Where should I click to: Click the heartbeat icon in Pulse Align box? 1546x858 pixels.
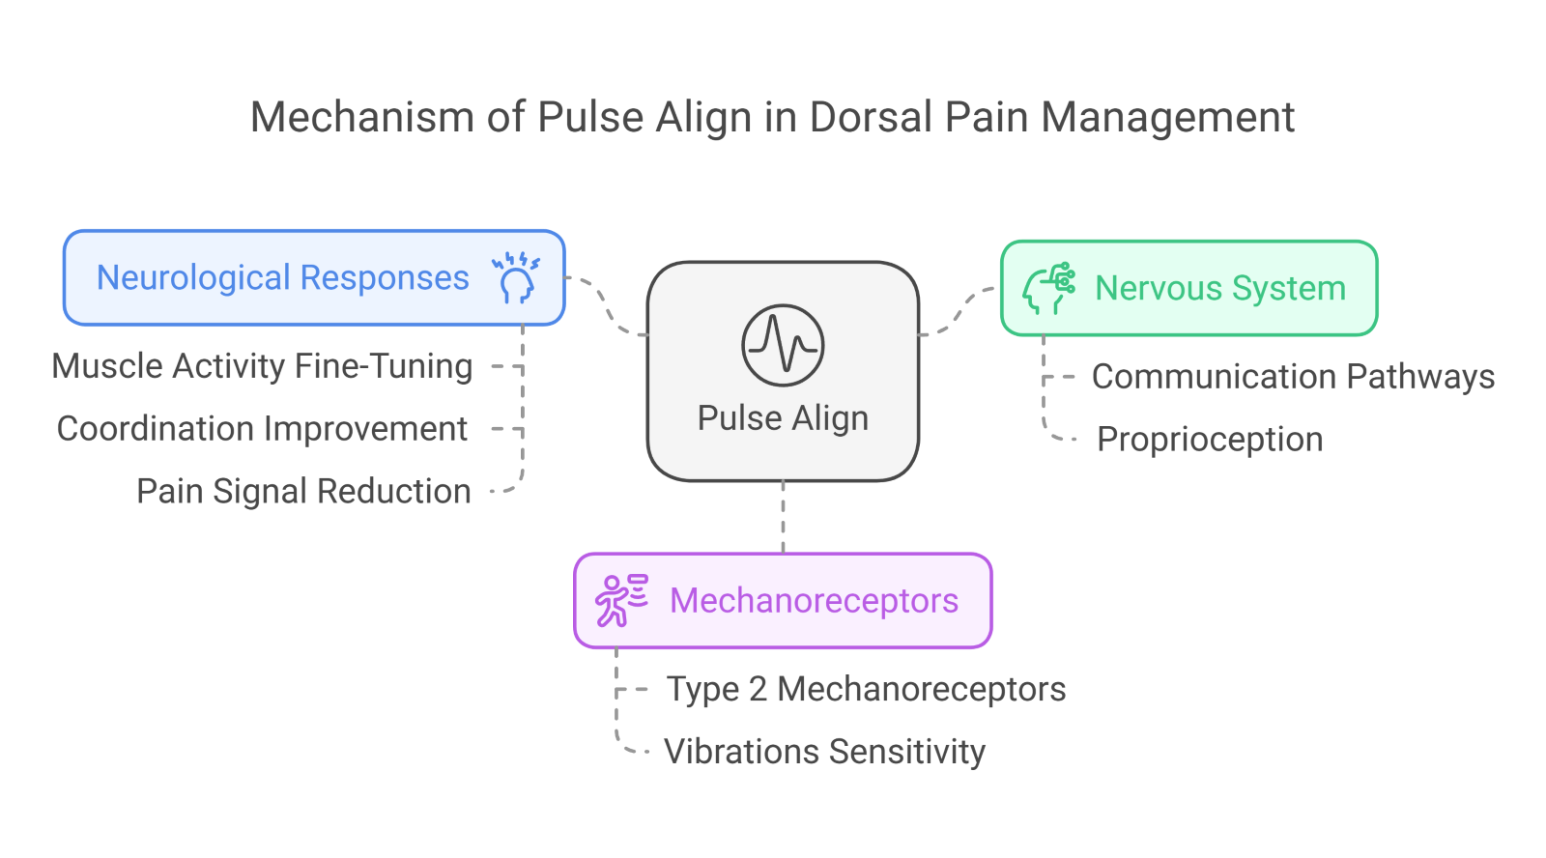(x=783, y=345)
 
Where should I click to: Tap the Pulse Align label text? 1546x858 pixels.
(x=783, y=418)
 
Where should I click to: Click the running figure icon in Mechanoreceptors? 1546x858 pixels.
(x=620, y=600)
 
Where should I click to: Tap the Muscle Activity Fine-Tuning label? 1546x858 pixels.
(x=262, y=366)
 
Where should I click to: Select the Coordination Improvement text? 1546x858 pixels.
(x=262, y=429)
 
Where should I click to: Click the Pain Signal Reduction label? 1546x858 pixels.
(x=303, y=492)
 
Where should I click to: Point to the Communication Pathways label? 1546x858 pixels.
(x=1293, y=377)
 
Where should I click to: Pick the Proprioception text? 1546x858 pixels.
(x=1210, y=440)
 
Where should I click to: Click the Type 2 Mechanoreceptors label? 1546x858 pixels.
(x=866, y=690)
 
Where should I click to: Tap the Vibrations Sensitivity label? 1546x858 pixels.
(x=824, y=752)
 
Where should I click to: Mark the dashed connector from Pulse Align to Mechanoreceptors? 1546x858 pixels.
(x=783, y=517)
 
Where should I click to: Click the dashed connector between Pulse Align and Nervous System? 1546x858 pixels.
(x=959, y=310)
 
